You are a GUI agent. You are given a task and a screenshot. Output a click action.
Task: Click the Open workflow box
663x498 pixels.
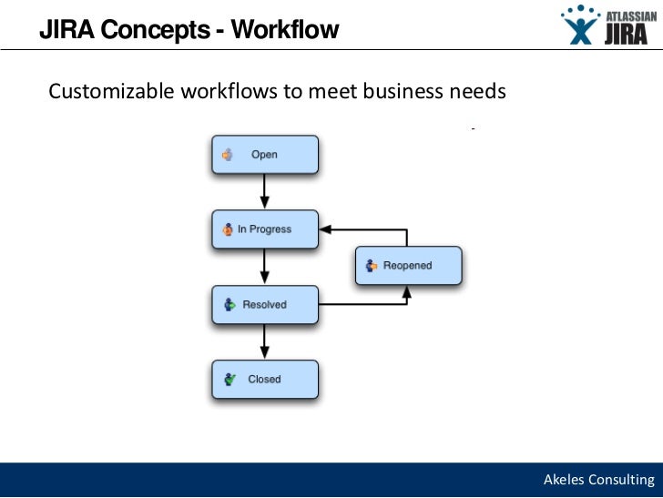265,155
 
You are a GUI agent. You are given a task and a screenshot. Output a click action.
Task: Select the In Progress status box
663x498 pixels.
265,229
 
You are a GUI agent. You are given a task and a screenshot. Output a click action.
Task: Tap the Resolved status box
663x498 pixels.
265,305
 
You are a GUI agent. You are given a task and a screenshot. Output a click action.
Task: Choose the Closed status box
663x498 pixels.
265,380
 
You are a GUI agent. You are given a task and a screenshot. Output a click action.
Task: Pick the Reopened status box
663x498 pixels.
408,266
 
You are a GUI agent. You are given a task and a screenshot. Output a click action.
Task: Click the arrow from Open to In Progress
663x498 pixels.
265,192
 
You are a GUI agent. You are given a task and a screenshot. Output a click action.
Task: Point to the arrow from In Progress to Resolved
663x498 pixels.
265,267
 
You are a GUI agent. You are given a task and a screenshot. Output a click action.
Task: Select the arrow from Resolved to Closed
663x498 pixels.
265,341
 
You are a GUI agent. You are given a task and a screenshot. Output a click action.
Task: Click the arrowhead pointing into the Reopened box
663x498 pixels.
408,290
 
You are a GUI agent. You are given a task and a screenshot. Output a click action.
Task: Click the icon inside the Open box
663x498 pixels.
228,155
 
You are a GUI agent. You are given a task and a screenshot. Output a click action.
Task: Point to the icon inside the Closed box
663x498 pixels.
229,380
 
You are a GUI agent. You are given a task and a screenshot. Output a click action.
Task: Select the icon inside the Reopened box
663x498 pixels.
371,266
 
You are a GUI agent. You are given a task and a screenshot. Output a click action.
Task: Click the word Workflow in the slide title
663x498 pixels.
285,30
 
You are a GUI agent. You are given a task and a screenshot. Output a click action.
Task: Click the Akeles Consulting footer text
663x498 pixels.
598,480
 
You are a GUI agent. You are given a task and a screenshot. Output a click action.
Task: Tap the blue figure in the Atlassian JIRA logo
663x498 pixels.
579,25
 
